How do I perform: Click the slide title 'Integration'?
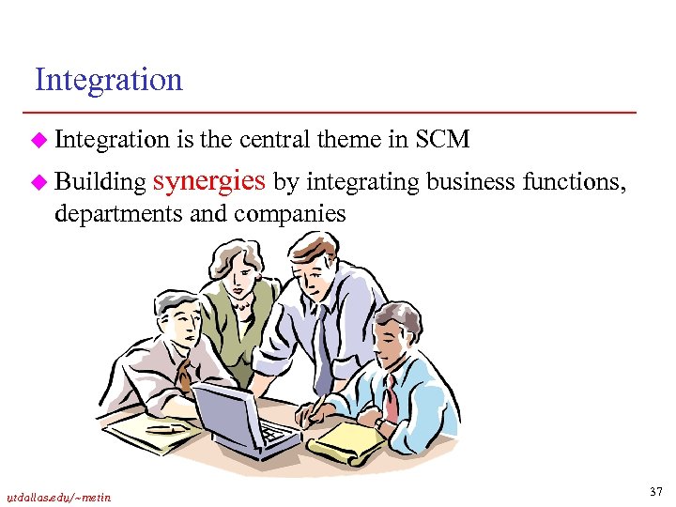pyautogui.click(x=108, y=80)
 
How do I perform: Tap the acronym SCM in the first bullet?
pyautogui.click(x=441, y=140)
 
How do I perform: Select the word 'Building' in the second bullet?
pyautogui.click(x=100, y=180)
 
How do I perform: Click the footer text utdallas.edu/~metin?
pyautogui.click(x=57, y=497)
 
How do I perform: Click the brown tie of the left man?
pyautogui.click(x=186, y=376)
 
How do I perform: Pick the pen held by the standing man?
pyautogui.click(x=314, y=407)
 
